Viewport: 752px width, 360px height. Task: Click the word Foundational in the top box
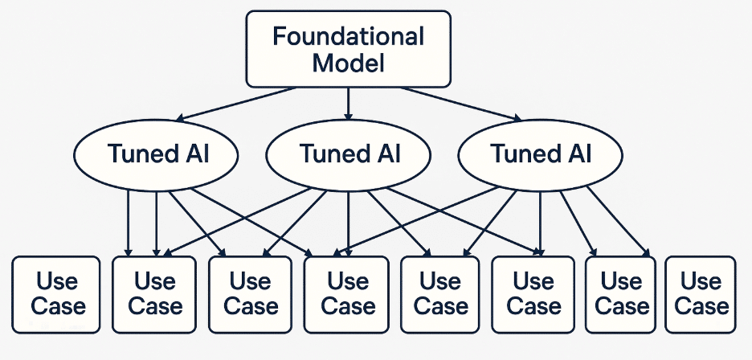pyautogui.click(x=348, y=36)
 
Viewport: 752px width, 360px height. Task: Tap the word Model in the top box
pyautogui.click(x=348, y=63)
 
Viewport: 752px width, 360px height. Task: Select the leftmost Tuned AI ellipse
pyautogui.click(x=156, y=153)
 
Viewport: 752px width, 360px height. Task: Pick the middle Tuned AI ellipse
pyautogui.click(x=348, y=153)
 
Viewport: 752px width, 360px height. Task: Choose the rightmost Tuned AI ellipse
pyautogui.click(x=540, y=153)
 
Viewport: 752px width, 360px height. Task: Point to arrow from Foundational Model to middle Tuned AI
pyautogui.click(x=348, y=103)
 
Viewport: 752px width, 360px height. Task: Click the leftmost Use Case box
pyautogui.click(x=56, y=294)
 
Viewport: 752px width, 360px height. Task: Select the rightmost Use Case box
pyautogui.click(x=701, y=294)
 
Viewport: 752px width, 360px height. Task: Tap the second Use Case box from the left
pyautogui.click(x=154, y=294)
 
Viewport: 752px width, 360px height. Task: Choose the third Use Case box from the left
pyautogui.click(x=251, y=294)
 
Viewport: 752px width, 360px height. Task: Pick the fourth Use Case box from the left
pyautogui.click(x=348, y=294)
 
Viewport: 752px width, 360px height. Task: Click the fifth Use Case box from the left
pyautogui.click(x=440, y=294)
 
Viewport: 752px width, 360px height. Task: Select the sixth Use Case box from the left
pyautogui.click(x=533, y=294)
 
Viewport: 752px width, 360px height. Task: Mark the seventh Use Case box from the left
pyautogui.click(x=621, y=294)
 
